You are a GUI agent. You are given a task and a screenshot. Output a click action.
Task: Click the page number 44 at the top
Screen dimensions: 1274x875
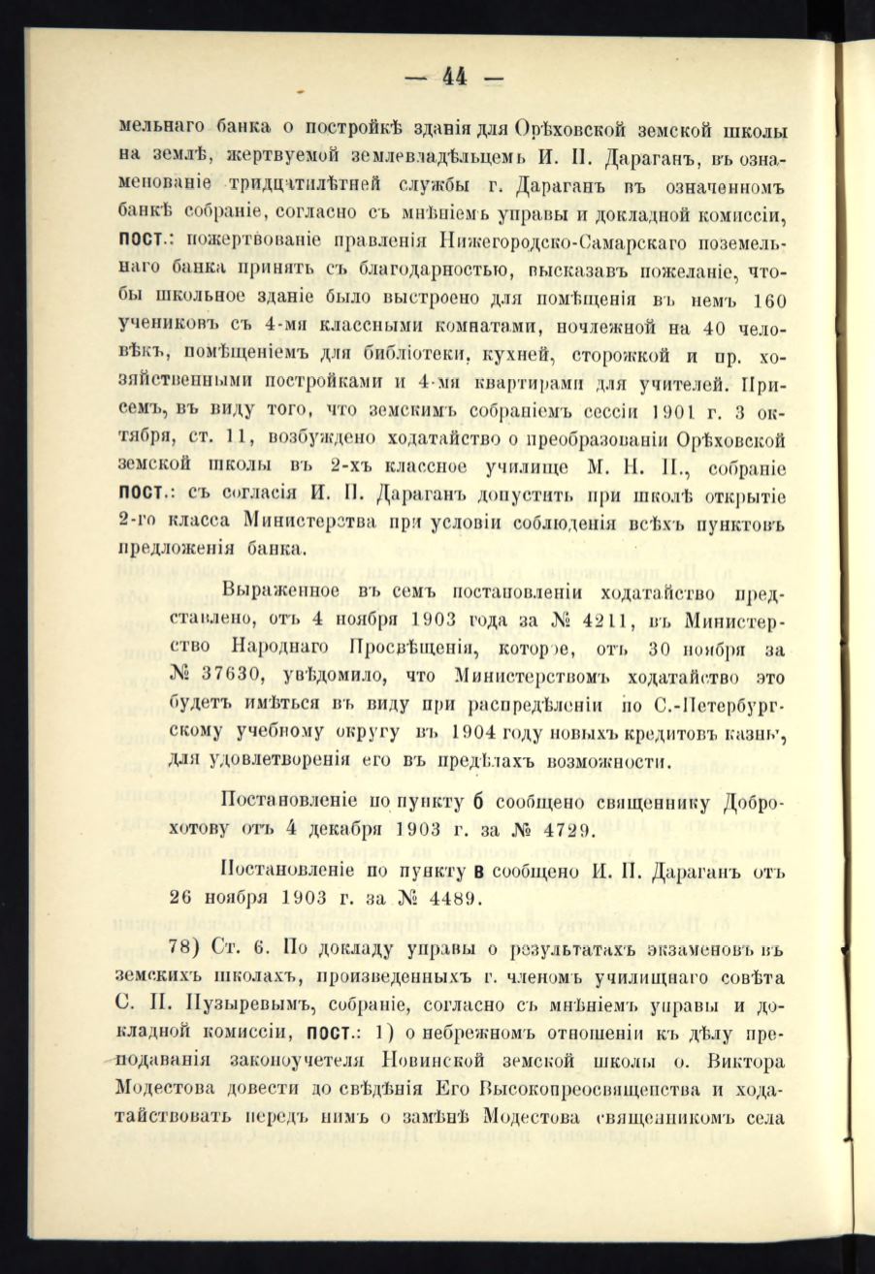click(455, 76)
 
